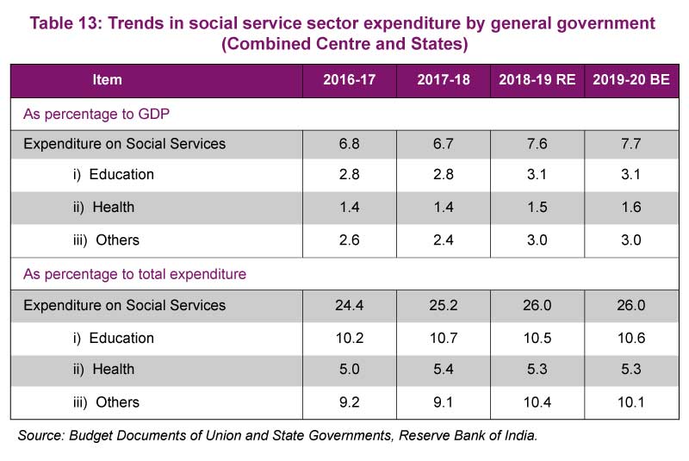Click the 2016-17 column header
click(x=349, y=80)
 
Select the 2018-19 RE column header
click(x=537, y=80)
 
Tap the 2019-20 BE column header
click(x=631, y=80)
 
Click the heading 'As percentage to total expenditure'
click(x=134, y=274)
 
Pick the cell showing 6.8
click(x=349, y=144)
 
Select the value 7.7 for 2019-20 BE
click(x=631, y=144)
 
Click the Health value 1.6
click(x=631, y=208)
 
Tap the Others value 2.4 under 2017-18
click(x=444, y=240)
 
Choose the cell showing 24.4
click(x=349, y=305)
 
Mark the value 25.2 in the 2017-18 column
click(x=444, y=305)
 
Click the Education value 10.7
click(x=444, y=338)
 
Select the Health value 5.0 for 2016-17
click(x=349, y=370)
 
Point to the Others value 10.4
click(x=537, y=402)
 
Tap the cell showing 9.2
click(x=349, y=402)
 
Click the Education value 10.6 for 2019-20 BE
click(x=631, y=338)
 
